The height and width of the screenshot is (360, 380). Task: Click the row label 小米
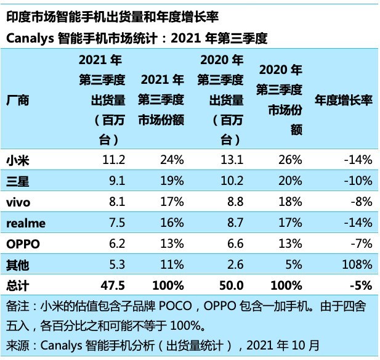coord(18,160)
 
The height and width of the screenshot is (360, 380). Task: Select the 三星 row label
coord(18,181)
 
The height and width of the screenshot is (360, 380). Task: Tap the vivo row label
coord(18,202)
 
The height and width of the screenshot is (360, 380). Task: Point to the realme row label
coord(26,223)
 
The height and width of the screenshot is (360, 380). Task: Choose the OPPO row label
coord(23,243)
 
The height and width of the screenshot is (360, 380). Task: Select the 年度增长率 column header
coord(344,100)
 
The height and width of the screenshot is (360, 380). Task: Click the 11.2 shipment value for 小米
coord(114,160)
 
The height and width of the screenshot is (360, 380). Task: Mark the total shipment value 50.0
coord(232,285)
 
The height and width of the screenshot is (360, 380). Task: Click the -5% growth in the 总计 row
coord(360,285)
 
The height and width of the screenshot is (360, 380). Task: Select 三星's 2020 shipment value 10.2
coord(232,181)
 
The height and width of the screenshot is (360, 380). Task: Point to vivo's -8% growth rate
coord(361,202)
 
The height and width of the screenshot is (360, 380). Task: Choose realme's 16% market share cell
coord(172,223)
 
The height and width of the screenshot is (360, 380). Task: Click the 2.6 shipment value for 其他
coord(236,264)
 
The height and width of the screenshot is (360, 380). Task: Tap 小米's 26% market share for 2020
coord(290,160)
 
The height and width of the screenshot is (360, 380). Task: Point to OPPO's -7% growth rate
coord(361,243)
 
